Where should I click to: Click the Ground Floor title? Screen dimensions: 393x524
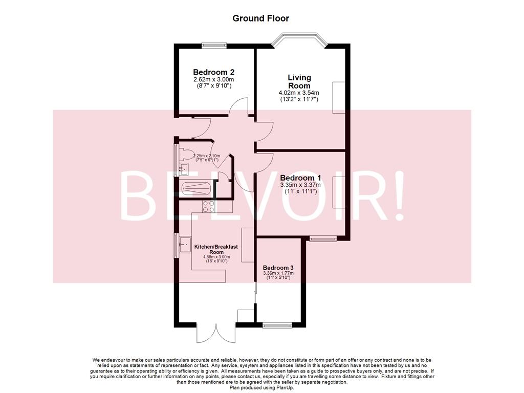point(260,18)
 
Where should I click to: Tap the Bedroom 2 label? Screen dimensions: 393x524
point(213,72)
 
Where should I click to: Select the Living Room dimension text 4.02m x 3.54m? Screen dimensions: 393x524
point(299,93)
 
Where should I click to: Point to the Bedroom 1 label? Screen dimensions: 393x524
point(300,178)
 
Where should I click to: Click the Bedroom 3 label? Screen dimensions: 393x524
point(278,268)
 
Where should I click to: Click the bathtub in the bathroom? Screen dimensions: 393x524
point(195,189)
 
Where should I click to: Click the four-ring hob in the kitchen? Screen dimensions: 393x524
point(209,207)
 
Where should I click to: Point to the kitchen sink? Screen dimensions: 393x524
point(184,246)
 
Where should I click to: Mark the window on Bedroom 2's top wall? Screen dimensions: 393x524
point(214,45)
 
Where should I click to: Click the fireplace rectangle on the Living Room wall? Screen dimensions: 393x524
point(339,97)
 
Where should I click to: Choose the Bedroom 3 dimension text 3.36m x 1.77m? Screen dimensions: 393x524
point(278,274)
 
